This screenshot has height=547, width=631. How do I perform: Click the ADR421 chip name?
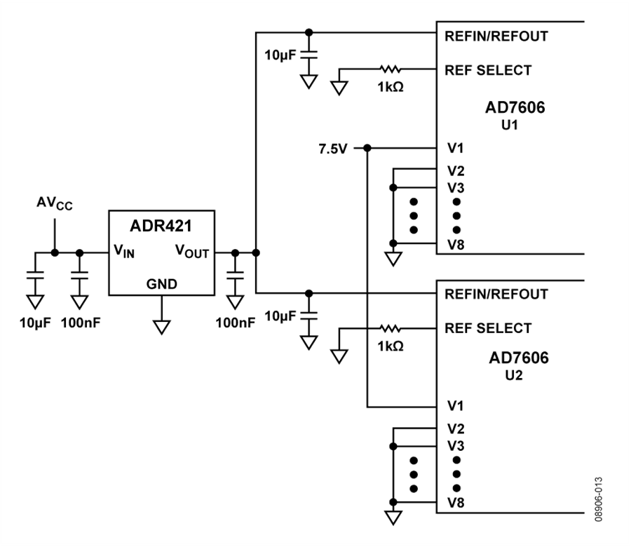coord(161,226)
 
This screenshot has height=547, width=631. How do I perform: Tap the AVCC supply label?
coord(55,203)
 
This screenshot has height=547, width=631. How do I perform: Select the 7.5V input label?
coord(333,149)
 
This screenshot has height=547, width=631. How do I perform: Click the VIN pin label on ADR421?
coord(124,251)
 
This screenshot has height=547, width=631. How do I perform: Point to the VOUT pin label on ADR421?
coord(192,251)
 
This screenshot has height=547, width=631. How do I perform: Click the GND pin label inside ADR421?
coord(162,284)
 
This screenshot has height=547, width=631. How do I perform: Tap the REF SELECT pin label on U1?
coord(488,70)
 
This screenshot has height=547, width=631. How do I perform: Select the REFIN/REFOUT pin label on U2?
coord(496,295)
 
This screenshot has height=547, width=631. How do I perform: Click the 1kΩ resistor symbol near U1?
coord(390,69)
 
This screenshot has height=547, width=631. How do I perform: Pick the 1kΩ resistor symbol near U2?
coord(390,329)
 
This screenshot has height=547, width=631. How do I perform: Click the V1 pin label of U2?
coord(456,406)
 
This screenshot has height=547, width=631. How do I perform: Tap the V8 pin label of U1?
coord(456,245)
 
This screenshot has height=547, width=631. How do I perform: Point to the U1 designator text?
coord(510,125)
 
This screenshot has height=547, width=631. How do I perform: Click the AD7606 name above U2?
coord(519,358)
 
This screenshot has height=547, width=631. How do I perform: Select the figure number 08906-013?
coord(599,499)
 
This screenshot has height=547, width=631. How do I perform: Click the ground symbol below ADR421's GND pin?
coord(161,327)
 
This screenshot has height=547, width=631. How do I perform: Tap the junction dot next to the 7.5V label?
coord(367,149)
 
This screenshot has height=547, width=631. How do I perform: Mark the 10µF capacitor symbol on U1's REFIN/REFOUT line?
coord(308,55)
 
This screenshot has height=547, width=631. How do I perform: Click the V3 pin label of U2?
coord(456,446)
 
